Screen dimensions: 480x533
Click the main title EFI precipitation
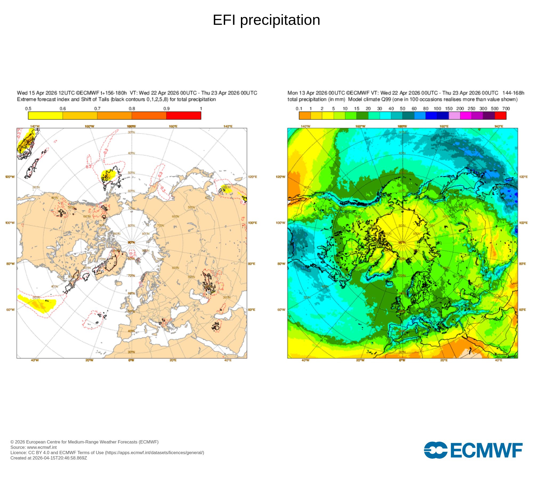point(266,20)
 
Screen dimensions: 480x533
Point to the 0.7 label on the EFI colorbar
point(97,109)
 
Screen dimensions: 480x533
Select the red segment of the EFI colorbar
point(184,115)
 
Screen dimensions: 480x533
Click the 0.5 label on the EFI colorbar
point(28,109)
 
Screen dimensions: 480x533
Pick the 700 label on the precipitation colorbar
point(506,109)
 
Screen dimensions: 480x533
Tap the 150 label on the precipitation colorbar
point(449,109)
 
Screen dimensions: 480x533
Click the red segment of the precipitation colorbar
point(500,115)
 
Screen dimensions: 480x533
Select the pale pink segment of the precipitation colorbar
point(454,115)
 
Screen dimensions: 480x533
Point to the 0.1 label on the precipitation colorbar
point(299,109)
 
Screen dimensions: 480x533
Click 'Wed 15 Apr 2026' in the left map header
point(37,93)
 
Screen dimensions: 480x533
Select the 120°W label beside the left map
point(10,177)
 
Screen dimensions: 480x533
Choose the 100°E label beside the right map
point(523,223)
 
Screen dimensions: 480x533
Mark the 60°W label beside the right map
point(281,310)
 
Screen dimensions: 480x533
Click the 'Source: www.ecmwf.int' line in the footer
point(34,447)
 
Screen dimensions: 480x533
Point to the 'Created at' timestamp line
point(49,458)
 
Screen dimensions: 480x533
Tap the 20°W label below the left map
point(89,360)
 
